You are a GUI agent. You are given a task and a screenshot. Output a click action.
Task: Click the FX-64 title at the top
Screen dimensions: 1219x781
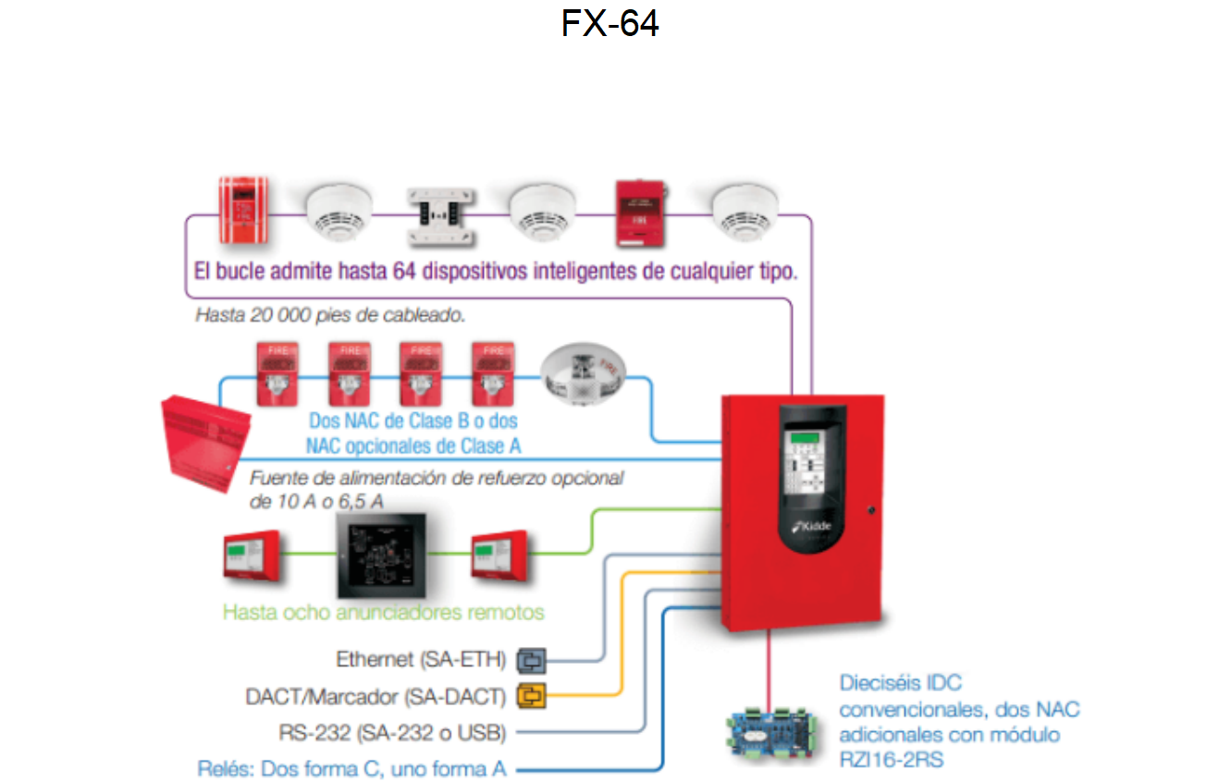[609, 23]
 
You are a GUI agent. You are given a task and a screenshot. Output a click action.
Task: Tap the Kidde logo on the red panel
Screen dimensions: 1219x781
[811, 527]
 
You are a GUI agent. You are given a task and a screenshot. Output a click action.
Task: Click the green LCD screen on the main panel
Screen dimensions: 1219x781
[805, 437]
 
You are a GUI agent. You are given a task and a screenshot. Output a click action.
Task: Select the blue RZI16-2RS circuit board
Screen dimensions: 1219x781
[771, 732]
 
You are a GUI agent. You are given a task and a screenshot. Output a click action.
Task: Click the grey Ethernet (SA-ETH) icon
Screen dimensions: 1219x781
[531, 661]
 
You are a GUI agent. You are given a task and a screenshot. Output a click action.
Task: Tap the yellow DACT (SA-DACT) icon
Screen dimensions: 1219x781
[531, 696]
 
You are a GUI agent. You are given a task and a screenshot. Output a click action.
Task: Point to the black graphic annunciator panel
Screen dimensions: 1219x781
[381, 555]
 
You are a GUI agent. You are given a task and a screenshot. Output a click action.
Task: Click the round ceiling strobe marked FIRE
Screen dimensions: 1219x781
[583, 373]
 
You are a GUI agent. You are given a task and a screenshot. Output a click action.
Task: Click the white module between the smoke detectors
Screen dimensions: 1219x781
[441, 216]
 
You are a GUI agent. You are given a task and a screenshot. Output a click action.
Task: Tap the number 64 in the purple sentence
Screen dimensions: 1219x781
[404, 271]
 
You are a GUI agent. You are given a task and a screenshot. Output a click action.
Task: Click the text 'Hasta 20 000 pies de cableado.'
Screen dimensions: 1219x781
[330, 315]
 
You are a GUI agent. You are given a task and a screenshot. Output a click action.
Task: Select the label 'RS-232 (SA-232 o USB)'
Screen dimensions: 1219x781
[392, 733]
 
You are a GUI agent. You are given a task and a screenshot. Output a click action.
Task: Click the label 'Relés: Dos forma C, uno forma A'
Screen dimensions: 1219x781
[352, 769]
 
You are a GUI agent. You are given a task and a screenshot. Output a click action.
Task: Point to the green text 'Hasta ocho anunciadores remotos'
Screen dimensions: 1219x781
[384, 613]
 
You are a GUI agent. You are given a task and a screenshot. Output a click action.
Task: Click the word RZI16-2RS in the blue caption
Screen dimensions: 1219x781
[892, 760]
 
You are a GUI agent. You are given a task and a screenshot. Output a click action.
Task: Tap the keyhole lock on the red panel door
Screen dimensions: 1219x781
[870, 510]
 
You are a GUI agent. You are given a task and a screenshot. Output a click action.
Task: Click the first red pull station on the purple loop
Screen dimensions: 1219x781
[243, 210]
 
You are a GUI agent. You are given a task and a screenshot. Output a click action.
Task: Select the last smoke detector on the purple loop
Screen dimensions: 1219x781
[745, 213]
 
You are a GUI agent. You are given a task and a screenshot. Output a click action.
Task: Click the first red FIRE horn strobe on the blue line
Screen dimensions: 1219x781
[277, 374]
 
